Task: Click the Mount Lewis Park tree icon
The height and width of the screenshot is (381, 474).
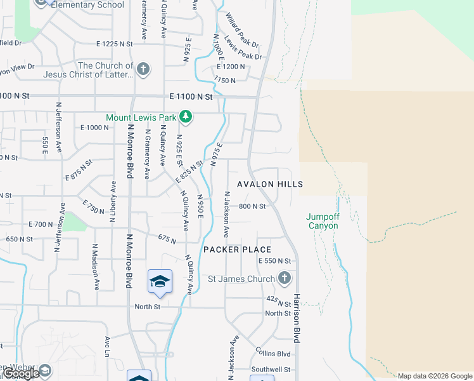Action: click(185, 117)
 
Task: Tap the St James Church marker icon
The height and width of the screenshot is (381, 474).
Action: click(285, 278)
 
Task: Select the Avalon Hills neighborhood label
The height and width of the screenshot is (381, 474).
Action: click(270, 184)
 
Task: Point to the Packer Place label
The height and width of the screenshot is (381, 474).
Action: click(237, 250)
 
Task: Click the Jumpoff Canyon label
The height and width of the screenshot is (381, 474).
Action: click(323, 221)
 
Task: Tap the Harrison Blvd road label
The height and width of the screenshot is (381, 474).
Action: click(296, 317)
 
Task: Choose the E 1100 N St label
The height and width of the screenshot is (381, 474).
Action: click(190, 98)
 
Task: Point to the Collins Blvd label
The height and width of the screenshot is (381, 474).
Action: click(273, 353)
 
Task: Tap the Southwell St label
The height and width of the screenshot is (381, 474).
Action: click(270, 369)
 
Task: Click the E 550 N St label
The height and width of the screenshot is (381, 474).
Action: click(274, 261)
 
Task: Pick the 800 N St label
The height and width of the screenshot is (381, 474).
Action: click(252, 206)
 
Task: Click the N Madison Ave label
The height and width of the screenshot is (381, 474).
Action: click(96, 267)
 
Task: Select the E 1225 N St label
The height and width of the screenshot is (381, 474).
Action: click(115, 44)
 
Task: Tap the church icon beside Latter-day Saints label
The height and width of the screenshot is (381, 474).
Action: click(143, 69)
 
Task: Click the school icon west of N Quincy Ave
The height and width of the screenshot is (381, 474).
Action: click(160, 281)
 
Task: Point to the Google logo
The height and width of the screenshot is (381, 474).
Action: click(20, 373)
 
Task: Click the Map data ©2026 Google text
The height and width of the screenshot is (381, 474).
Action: click(435, 376)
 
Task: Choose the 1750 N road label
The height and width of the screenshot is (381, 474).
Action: click(224, 81)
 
